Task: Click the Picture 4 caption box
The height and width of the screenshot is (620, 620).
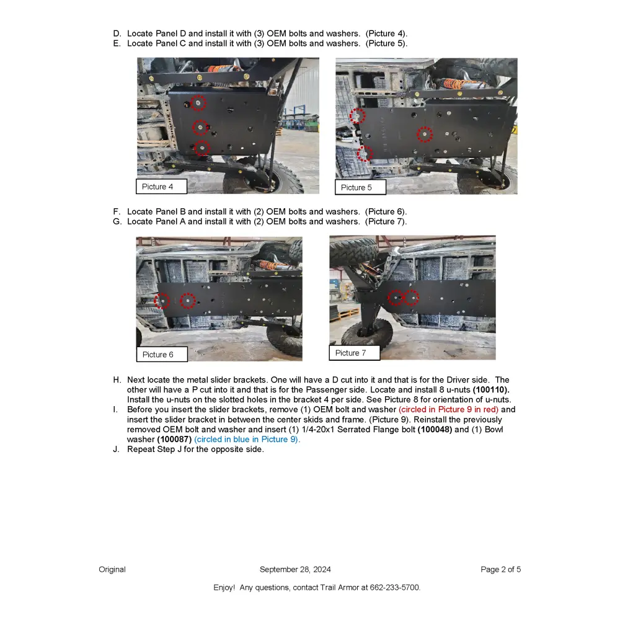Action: pyautogui.click(x=162, y=187)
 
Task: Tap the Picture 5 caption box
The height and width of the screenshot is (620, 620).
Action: pyautogui.click(x=361, y=187)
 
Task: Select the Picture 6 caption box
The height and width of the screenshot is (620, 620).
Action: pyautogui.click(x=162, y=355)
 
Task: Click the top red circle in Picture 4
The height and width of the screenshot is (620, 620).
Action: pyautogui.click(x=198, y=103)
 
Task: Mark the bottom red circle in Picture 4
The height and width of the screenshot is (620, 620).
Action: pyautogui.click(x=202, y=148)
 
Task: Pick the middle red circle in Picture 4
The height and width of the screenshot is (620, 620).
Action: pyautogui.click(x=200, y=128)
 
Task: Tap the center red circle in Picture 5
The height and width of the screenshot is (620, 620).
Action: pyautogui.click(x=424, y=134)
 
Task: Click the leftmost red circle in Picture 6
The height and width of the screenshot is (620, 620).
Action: pyautogui.click(x=162, y=301)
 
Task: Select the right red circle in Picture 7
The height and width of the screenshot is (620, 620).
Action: pyautogui.click(x=412, y=298)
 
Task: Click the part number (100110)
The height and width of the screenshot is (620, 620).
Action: pyautogui.click(x=491, y=390)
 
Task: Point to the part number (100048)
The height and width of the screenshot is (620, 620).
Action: pyautogui.click(x=435, y=430)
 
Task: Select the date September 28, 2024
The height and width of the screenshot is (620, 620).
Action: pyautogui.click(x=295, y=569)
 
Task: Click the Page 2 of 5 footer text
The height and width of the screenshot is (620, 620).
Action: pyautogui.click(x=500, y=569)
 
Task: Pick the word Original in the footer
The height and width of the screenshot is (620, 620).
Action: pyautogui.click(x=112, y=569)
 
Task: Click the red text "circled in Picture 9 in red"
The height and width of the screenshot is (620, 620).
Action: pyautogui.click(x=448, y=410)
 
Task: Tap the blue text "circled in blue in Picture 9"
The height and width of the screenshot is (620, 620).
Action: pyautogui.click(x=247, y=440)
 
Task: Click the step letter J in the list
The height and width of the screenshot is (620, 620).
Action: pyautogui.click(x=116, y=449)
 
